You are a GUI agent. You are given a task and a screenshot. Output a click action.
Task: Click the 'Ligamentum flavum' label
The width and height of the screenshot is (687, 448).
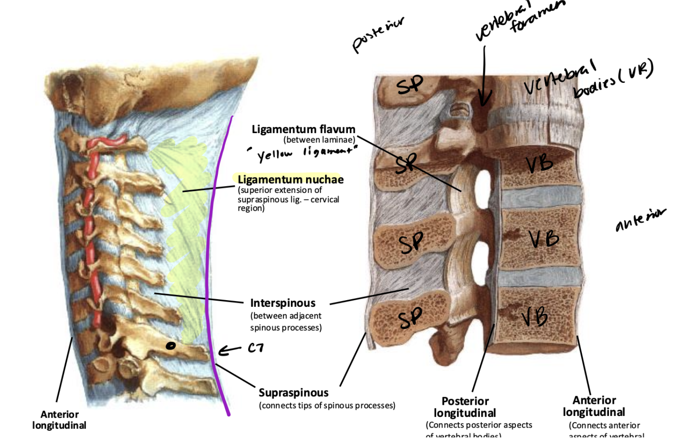pyautogui.click(x=303, y=129)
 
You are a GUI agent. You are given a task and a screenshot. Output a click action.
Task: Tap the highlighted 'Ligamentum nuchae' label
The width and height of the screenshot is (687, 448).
pyautogui.click(x=290, y=179)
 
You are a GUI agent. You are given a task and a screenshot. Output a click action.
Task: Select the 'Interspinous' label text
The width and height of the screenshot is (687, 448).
pyautogui.click(x=282, y=303)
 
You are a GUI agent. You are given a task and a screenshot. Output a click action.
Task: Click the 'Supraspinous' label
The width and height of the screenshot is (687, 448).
pyautogui.click(x=293, y=393)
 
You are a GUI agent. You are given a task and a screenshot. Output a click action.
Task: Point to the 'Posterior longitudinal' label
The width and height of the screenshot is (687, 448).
pyautogui.click(x=465, y=407)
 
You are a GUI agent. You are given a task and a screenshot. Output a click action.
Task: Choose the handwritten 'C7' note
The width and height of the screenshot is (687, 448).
pyautogui.click(x=256, y=348)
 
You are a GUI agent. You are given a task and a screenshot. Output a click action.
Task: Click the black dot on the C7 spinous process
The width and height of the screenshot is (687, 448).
pyautogui.click(x=171, y=346)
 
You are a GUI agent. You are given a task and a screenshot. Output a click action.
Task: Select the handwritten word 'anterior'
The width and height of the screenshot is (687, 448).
pyautogui.click(x=640, y=220)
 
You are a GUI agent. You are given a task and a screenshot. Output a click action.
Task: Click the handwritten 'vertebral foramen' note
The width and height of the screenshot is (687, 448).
pyautogui.click(x=519, y=20)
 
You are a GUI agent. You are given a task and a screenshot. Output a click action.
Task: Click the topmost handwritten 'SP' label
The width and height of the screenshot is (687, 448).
pyautogui.click(x=409, y=85)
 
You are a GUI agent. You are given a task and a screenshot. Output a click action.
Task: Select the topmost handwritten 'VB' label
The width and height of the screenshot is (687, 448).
pyautogui.click(x=540, y=164)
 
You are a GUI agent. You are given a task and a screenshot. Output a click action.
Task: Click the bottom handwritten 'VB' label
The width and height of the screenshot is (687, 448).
pyautogui.click(x=535, y=317)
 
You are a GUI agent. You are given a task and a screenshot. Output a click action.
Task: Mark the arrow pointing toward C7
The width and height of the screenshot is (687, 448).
pyautogui.click(x=229, y=350)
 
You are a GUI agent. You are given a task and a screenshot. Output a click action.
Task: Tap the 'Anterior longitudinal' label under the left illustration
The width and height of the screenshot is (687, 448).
pyautogui.click(x=59, y=420)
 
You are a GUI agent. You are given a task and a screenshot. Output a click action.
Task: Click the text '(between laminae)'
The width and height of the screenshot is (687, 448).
pyautogui.click(x=319, y=140)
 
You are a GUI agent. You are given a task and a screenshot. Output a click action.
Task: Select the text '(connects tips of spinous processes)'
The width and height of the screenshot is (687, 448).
pyautogui.click(x=327, y=406)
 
